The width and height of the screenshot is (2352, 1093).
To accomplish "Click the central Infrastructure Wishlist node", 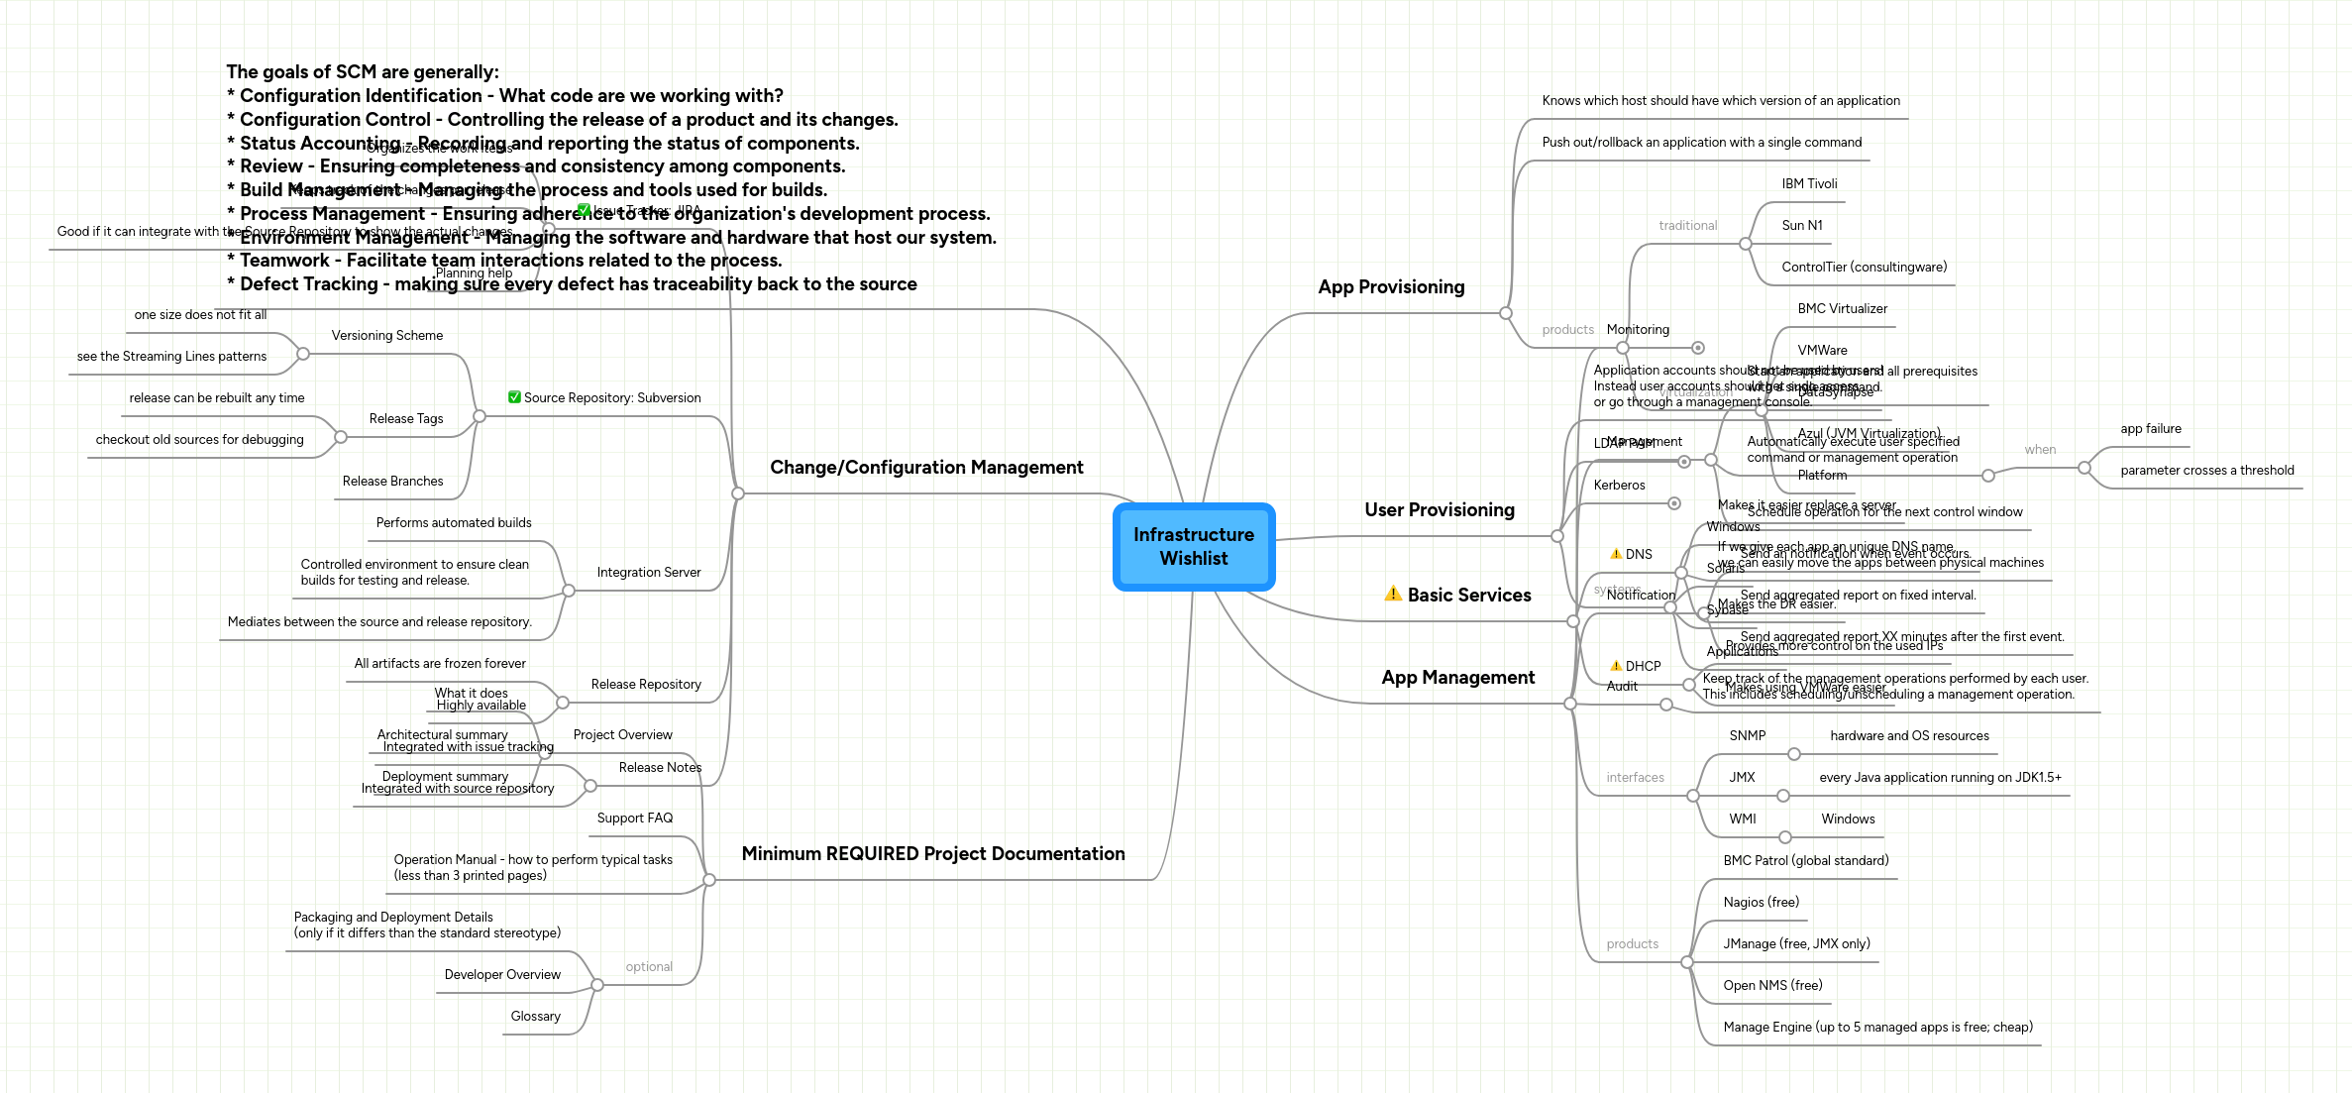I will pos(1193,546).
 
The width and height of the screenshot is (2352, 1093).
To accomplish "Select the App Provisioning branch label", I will pos(1390,287).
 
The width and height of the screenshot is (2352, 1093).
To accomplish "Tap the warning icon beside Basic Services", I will pos(1392,594).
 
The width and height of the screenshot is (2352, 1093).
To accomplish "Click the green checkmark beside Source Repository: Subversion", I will pos(514,397).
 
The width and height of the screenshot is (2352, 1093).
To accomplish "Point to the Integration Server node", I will pos(648,573).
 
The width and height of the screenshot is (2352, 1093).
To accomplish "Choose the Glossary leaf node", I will pos(535,1017).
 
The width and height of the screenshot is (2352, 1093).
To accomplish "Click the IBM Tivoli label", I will pos(1808,184).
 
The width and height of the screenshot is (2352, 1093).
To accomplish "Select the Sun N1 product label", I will pos(1801,226).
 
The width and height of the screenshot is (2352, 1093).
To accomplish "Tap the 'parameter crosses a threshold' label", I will pos(2206,471).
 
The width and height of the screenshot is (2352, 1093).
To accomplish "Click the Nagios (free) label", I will pos(1761,903).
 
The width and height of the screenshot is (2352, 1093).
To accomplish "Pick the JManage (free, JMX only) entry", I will pos(1795,944).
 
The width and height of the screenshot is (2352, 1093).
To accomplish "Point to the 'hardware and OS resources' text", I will pos(1908,736).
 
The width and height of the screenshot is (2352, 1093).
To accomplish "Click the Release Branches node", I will pos(392,482).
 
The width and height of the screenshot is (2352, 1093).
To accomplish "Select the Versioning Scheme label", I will pos(386,336).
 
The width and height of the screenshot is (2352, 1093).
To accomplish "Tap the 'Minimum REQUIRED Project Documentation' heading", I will pos(932,854).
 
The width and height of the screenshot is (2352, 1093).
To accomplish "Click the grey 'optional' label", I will pos(648,967).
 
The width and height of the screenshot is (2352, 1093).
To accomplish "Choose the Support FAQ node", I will pos(634,819).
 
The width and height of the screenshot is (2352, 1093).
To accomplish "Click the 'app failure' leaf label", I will pos(2150,429).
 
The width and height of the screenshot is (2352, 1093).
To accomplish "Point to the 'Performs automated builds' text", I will pos(453,523).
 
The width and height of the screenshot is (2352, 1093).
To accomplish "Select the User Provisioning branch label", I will pos(1439,510).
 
